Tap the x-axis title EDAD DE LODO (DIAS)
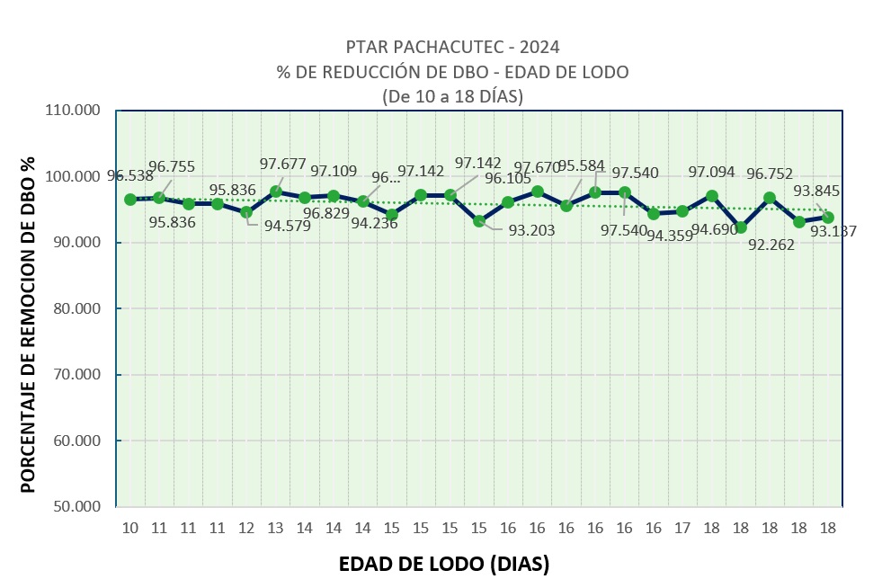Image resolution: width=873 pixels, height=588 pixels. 443,565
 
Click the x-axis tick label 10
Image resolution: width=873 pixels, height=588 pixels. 130,528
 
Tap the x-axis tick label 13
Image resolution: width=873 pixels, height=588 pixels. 276,528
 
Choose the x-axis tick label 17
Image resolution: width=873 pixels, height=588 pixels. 682,528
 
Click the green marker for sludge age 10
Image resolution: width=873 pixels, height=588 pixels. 130,200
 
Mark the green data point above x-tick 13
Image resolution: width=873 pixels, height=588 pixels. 276,192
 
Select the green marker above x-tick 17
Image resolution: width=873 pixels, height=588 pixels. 682,211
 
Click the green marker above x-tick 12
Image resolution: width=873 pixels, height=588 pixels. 246,212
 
